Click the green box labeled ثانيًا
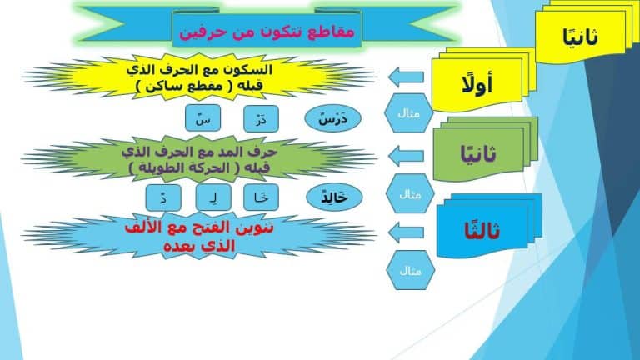[x=478, y=154]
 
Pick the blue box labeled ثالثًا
[x=482, y=231]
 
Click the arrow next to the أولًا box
[x=406, y=77]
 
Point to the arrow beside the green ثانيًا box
[x=406, y=156]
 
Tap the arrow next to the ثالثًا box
[x=406, y=232]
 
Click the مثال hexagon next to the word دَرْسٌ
[x=408, y=113]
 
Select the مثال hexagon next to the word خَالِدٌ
[x=410, y=194]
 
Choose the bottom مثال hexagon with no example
[x=410, y=270]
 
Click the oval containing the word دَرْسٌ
[x=333, y=119]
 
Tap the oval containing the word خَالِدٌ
[x=334, y=197]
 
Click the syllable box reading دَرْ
[x=261, y=119]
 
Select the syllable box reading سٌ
[x=202, y=118]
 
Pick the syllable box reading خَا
[x=261, y=197]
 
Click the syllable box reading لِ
[x=213, y=197]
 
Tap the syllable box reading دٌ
[x=163, y=197]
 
